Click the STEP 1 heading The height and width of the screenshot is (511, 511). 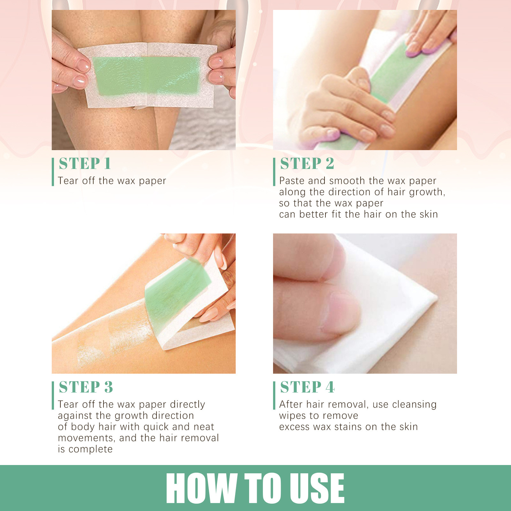85,164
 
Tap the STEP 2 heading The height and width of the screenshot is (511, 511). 307,164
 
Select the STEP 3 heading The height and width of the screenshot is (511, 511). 86,387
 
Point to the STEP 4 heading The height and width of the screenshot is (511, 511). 307,387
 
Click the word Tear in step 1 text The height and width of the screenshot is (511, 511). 68,181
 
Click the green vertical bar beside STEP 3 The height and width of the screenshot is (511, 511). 53,395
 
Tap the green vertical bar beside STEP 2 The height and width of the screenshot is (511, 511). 274,172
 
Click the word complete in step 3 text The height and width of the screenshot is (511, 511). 90,449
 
